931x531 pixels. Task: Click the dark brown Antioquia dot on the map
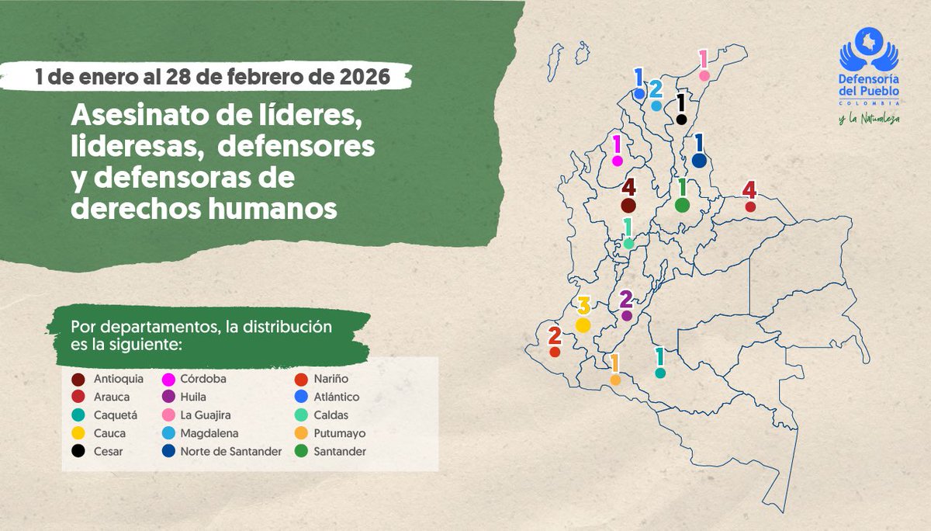628,206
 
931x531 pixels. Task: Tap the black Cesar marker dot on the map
681,119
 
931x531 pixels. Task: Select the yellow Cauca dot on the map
583,325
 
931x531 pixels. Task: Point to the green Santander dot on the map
682,205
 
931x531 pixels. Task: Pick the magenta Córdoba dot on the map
618,161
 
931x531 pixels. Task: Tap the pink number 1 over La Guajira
704,59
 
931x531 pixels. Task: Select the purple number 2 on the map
627,299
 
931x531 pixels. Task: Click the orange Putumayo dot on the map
615,380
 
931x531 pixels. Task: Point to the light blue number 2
656,88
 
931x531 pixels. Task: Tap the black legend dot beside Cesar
78,451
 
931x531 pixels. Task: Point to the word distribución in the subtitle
285,327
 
